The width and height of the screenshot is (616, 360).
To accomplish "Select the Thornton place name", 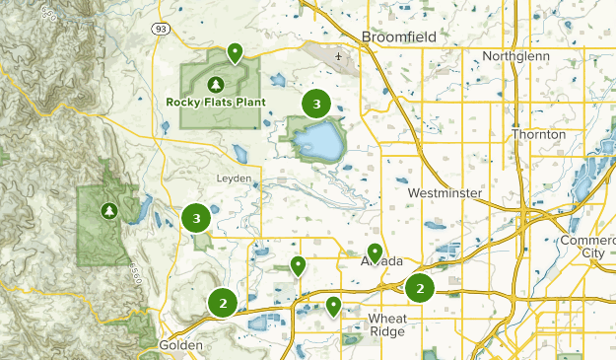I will pyautogui.click(x=538, y=134).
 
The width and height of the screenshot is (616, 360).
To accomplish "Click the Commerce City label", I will pyautogui.click(x=587, y=247).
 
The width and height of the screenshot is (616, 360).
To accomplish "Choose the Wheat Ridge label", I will pyautogui.click(x=386, y=325).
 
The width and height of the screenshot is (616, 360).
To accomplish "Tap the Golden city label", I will pyautogui.click(x=180, y=346).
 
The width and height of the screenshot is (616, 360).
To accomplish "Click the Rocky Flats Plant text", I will pyautogui.click(x=216, y=101).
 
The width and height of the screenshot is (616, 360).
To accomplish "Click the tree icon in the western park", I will pyautogui.click(x=108, y=210).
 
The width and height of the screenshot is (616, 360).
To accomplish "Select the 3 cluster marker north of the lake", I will pyautogui.click(x=315, y=103).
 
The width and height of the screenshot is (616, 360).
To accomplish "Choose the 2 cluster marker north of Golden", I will pyautogui.click(x=224, y=304).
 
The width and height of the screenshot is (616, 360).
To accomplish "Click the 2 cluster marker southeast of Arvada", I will pyautogui.click(x=420, y=289).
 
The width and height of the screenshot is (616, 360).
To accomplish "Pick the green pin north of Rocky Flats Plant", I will pyautogui.click(x=235, y=51).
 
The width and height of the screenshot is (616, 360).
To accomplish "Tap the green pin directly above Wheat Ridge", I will pyautogui.click(x=334, y=306).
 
